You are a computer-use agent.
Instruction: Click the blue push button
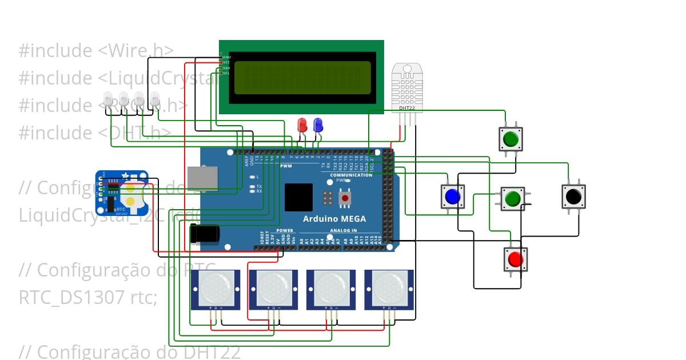[x=452, y=196]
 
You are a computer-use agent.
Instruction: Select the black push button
[x=573, y=196]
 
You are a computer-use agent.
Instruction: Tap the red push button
[x=515, y=259]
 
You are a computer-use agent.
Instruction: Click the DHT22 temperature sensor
[x=408, y=89]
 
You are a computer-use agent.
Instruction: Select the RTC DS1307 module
[x=122, y=193]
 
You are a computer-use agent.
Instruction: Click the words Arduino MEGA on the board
[x=334, y=219]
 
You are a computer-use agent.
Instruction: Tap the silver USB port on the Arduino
[x=202, y=178]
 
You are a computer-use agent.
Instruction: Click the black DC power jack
[x=205, y=234]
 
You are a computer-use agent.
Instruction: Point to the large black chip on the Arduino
[x=298, y=198]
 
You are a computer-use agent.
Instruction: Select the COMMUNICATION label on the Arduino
[x=352, y=175]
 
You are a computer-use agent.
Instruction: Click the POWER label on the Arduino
[x=285, y=231]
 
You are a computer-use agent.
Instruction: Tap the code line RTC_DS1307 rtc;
[x=87, y=297]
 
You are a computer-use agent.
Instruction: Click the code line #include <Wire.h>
[x=96, y=51]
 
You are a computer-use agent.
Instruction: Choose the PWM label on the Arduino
[x=286, y=166]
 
